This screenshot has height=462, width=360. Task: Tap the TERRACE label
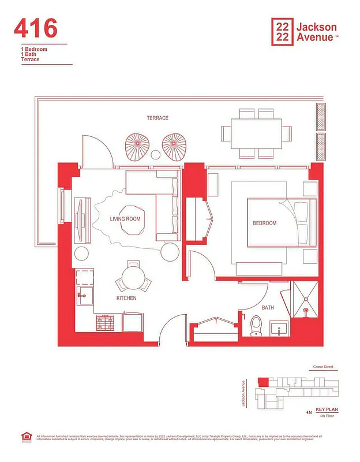point(157,118)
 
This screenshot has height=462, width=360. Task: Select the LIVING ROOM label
point(125,219)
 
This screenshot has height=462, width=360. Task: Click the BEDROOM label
point(264,223)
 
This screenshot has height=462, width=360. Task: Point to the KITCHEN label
point(126,298)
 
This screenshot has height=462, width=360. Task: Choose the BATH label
point(268,308)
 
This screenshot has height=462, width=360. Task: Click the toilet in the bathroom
point(257,327)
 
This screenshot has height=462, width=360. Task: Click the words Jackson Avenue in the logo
point(316,32)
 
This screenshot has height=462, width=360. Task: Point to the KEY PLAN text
point(326,409)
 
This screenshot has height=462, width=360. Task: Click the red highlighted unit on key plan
point(262,382)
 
